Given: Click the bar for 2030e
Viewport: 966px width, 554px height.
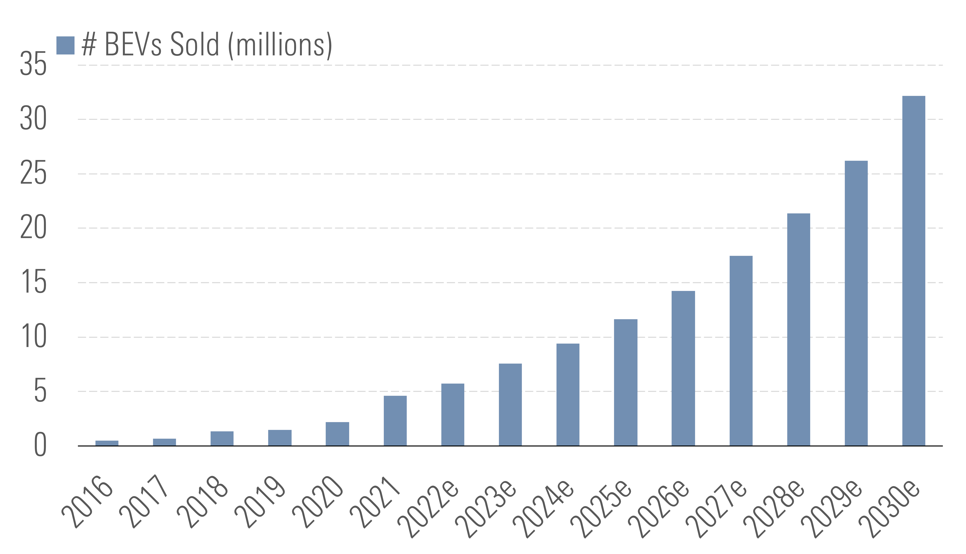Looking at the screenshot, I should pyautogui.click(x=913, y=270).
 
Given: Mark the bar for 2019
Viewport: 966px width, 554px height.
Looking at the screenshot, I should pyautogui.click(x=280, y=438).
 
